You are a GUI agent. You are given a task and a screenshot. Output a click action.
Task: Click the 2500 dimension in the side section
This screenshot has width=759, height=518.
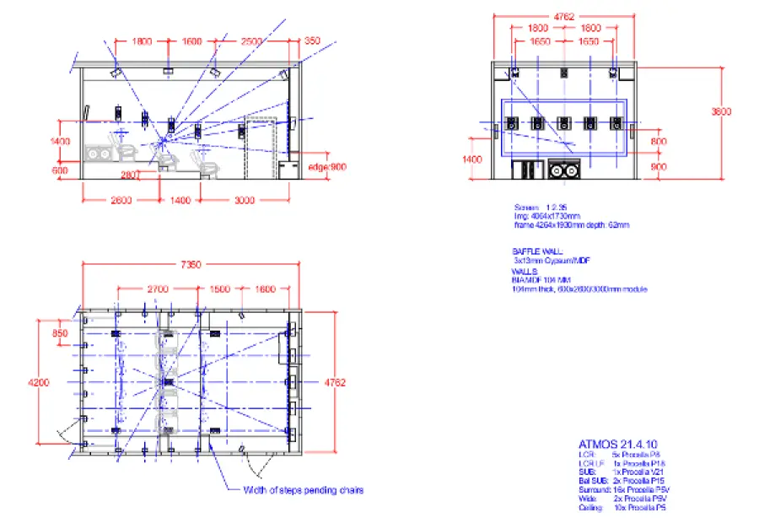(x=250, y=40)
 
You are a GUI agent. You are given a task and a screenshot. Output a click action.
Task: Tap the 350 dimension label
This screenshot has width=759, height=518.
(x=312, y=40)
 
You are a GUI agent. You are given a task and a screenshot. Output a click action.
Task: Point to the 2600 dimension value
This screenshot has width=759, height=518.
(x=121, y=200)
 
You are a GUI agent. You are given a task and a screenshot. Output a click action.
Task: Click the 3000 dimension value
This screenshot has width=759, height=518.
(x=245, y=200)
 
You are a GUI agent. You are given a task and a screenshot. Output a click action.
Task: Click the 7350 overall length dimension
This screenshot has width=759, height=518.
(x=191, y=265)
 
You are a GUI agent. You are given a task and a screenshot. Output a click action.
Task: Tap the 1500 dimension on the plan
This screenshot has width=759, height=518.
(x=219, y=289)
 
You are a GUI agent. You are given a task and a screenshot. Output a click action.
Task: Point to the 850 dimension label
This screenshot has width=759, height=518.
(x=60, y=333)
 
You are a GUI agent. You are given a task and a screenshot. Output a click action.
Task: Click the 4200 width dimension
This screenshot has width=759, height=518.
(x=38, y=382)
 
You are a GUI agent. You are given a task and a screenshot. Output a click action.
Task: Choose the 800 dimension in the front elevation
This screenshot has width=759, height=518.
(x=659, y=142)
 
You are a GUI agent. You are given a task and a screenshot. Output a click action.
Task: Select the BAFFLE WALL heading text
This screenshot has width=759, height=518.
(x=537, y=251)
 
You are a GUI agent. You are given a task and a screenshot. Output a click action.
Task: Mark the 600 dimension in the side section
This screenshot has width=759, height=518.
(x=60, y=170)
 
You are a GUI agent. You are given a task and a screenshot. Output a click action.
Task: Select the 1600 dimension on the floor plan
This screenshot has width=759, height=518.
(x=264, y=289)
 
